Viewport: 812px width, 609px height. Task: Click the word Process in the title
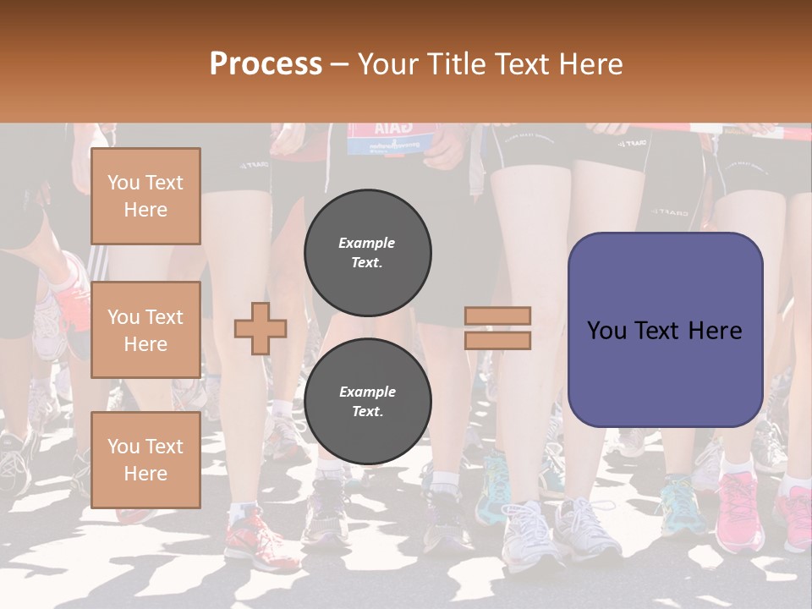pyautogui.click(x=266, y=63)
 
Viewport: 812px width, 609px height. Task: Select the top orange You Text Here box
pyautogui.click(x=145, y=196)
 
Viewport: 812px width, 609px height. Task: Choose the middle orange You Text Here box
pyautogui.click(x=145, y=330)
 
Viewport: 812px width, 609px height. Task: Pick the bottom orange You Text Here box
pyautogui.click(x=145, y=459)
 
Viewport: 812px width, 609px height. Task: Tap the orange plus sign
pyautogui.click(x=261, y=328)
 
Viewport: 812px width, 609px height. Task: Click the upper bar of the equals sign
pyautogui.click(x=497, y=315)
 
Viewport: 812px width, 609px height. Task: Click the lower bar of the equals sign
pyautogui.click(x=497, y=341)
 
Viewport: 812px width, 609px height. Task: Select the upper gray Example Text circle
pyautogui.click(x=368, y=252)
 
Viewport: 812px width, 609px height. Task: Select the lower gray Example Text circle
pyautogui.click(x=368, y=402)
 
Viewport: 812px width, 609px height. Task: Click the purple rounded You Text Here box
pyautogui.click(x=665, y=330)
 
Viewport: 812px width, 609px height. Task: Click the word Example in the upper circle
pyautogui.click(x=367, y=243)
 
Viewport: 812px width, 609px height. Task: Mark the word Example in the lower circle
pyautogui.click(x=367, y=392)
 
